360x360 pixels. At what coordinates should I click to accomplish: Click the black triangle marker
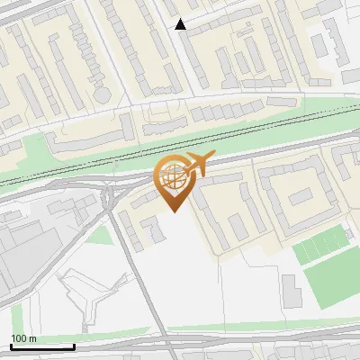pyautogui.click(x=181, y=24)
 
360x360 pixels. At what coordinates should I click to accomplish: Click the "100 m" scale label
pyautogui.click(x=23, y=338)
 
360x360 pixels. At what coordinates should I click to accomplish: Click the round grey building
pyautogui.click(x=102, y=94)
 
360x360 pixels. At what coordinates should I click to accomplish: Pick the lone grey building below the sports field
pyautogui.click(x=291, y=290)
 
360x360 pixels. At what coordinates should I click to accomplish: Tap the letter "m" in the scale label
pyautogui.click(x=32, y=338)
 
